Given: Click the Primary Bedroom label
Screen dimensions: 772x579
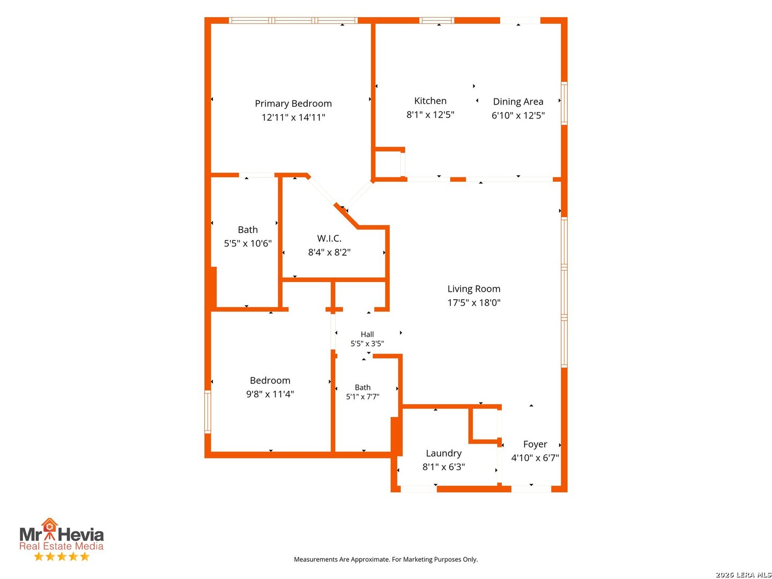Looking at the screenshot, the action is (293, 103).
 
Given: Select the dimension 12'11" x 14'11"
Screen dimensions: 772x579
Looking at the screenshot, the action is (293, 117).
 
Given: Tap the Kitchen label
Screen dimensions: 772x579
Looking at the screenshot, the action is (430, 101).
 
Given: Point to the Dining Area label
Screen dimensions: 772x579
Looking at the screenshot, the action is (518, 102).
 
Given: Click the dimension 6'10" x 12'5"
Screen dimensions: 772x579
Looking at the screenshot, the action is (518, 115).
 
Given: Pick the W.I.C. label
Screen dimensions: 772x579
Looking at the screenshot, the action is (329, 239).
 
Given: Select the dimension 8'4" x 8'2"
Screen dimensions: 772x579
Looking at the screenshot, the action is (329, 252).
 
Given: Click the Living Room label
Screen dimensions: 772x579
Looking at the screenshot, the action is (473, 289).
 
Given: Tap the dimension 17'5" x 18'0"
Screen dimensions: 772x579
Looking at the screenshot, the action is (473, 302).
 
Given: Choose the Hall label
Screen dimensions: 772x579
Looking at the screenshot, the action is (367, 334).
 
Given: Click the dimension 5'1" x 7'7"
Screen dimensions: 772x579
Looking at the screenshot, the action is (362, 397).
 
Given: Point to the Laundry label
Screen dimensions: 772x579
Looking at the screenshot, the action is (443, 454).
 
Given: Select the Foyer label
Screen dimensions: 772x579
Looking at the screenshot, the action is (535, 444).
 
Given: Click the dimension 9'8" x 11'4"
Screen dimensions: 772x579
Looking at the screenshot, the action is (270, 394).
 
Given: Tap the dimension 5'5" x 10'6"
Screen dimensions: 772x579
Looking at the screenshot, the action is (248, 243).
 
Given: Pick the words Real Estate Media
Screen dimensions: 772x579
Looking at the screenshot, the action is (61, 546).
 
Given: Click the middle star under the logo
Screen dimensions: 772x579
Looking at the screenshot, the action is (62, 556).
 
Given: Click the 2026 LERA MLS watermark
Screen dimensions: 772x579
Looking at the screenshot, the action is (743, 574).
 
